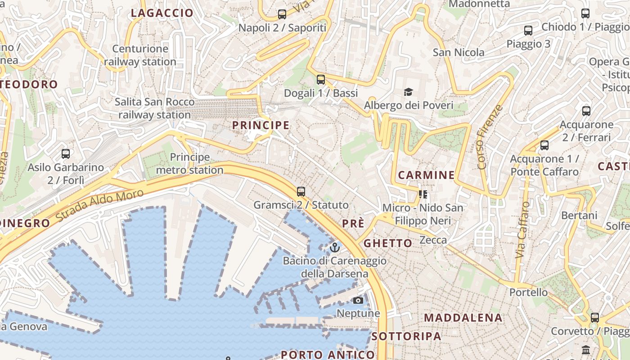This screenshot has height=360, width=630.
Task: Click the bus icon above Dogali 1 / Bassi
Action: tap(320, 80)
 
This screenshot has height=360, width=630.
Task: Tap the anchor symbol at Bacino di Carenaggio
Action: tap(334, 247)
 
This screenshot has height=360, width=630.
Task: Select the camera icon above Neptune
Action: tap(358, 300)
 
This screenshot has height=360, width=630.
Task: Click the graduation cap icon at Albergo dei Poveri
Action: tap(408, 92)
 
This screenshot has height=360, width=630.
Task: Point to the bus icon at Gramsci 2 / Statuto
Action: tap(301, 192)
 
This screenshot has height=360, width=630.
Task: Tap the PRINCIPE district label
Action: tap(261, 125)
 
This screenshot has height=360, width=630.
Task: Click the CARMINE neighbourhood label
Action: tap(426, 175)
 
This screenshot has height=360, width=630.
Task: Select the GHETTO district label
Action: tap(387, 243)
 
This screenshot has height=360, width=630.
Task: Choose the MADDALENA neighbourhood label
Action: tap(463, 318)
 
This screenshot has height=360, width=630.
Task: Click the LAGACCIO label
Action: tap(162, 13)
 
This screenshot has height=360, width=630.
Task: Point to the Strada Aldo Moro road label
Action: tap(100, 206)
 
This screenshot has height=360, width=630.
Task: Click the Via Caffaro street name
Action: tap(522, 230)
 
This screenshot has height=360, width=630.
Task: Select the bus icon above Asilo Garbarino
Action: tap(66, 154)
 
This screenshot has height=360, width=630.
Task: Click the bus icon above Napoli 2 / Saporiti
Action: tap(282, 14)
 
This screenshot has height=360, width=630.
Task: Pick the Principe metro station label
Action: tap(189, 164)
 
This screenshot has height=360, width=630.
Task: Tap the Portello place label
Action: tap(528, 292)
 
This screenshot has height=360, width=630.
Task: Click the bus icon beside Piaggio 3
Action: tap(528, 31)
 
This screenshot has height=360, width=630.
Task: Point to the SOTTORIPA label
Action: tap(406, 336)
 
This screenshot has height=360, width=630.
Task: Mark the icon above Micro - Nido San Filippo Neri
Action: tap(423, 194)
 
